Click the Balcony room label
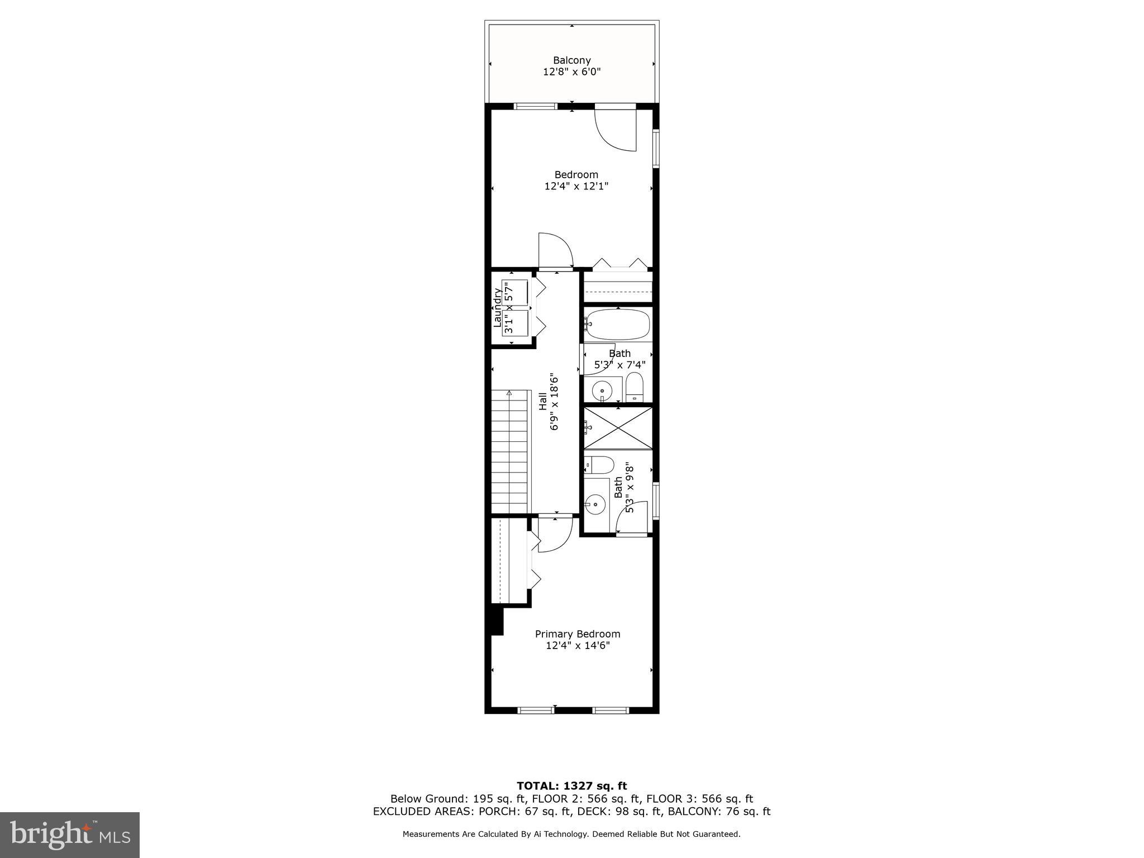tap(571, 60)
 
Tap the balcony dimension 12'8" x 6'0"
tap(571, 72)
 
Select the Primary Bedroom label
tap(577, 634)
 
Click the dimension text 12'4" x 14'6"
tap(577, 646)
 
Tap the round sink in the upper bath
tap(602, 389)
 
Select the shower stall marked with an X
tap(618, 427)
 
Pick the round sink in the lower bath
tap(596, 504)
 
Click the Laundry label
tap(497, 308)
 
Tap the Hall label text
tap(543, 401)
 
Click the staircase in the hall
tap(509, 451)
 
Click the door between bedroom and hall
tap(555, 251)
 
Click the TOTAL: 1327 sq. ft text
tap(571, 786)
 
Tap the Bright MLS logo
tap(69, 835)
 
